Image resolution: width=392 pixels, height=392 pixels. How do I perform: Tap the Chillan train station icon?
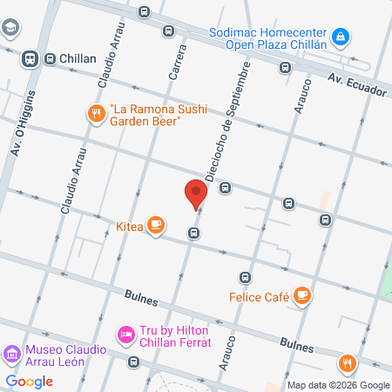[30, 58]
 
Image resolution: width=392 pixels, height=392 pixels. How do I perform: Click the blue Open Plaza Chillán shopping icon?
[343, 37]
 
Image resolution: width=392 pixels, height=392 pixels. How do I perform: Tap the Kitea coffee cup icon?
[156, 226]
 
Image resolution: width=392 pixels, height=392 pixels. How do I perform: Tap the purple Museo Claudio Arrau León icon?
[11, 354]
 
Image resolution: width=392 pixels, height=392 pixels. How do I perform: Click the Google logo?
[29, 381]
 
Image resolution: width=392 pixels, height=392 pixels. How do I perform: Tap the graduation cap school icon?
[10, 28]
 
